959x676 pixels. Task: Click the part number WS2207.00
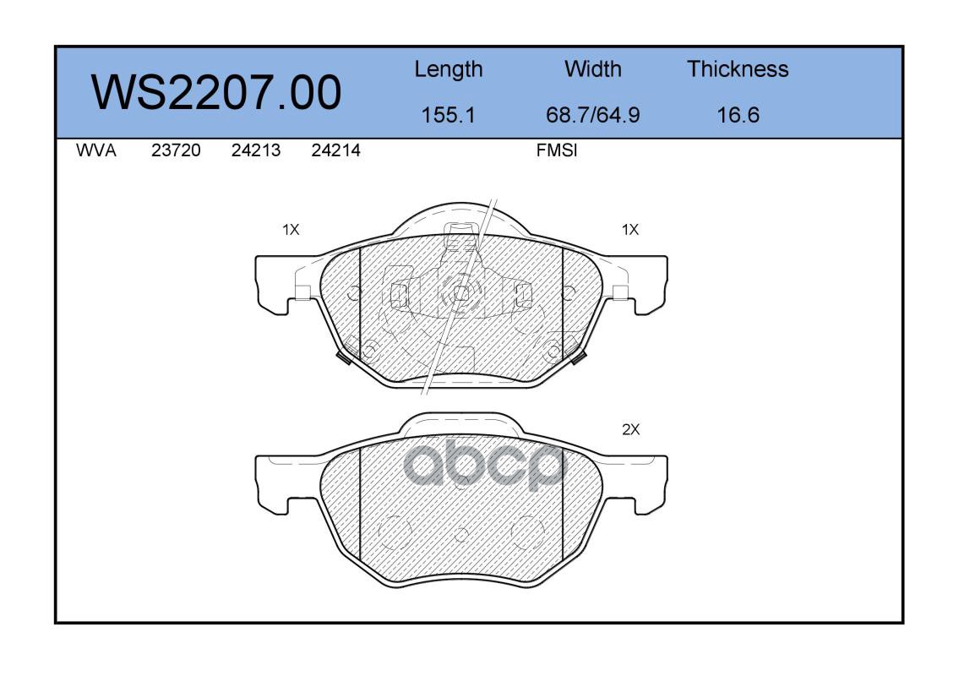216,92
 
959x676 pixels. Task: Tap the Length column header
449,70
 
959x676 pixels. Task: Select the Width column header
592,68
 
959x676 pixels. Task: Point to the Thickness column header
738,68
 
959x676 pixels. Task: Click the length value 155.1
449,115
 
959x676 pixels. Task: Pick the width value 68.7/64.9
592,115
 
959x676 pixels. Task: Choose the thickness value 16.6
738,115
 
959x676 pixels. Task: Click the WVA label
96,150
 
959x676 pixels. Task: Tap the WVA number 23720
176,150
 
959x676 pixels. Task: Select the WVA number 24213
256,150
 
